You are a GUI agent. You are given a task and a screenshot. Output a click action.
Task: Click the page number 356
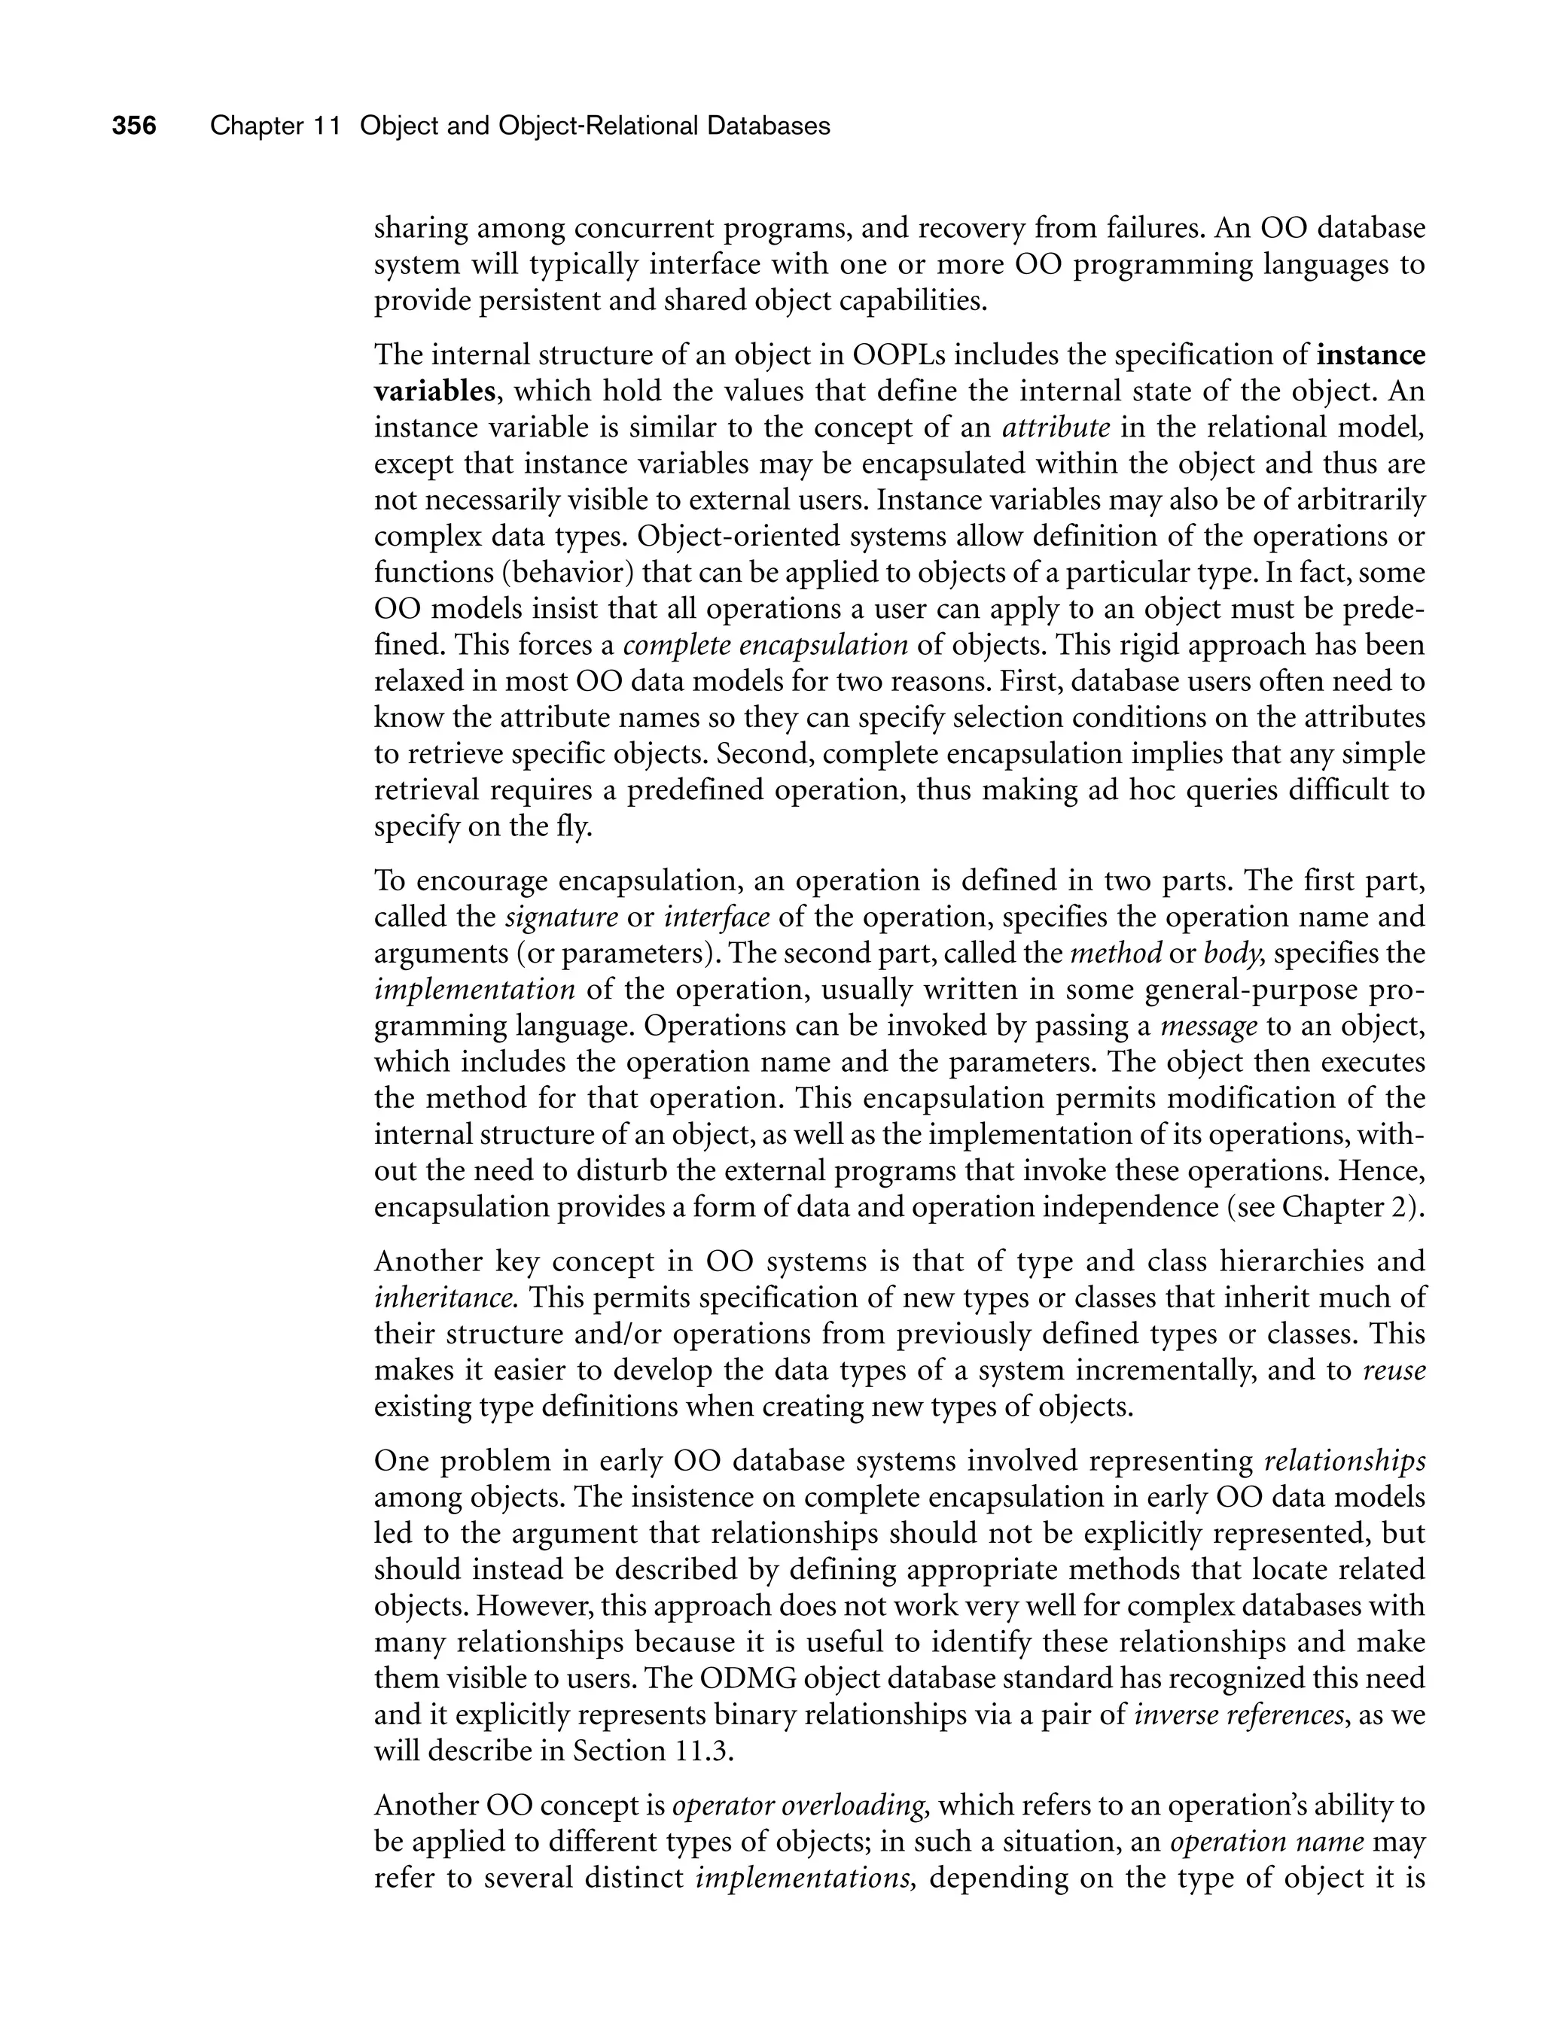(134, 126)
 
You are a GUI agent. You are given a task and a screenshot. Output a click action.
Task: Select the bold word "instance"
(1370, 355)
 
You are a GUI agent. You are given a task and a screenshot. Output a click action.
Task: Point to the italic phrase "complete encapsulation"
(766, 645)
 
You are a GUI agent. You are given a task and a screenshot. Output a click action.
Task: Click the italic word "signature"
(562, 917)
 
